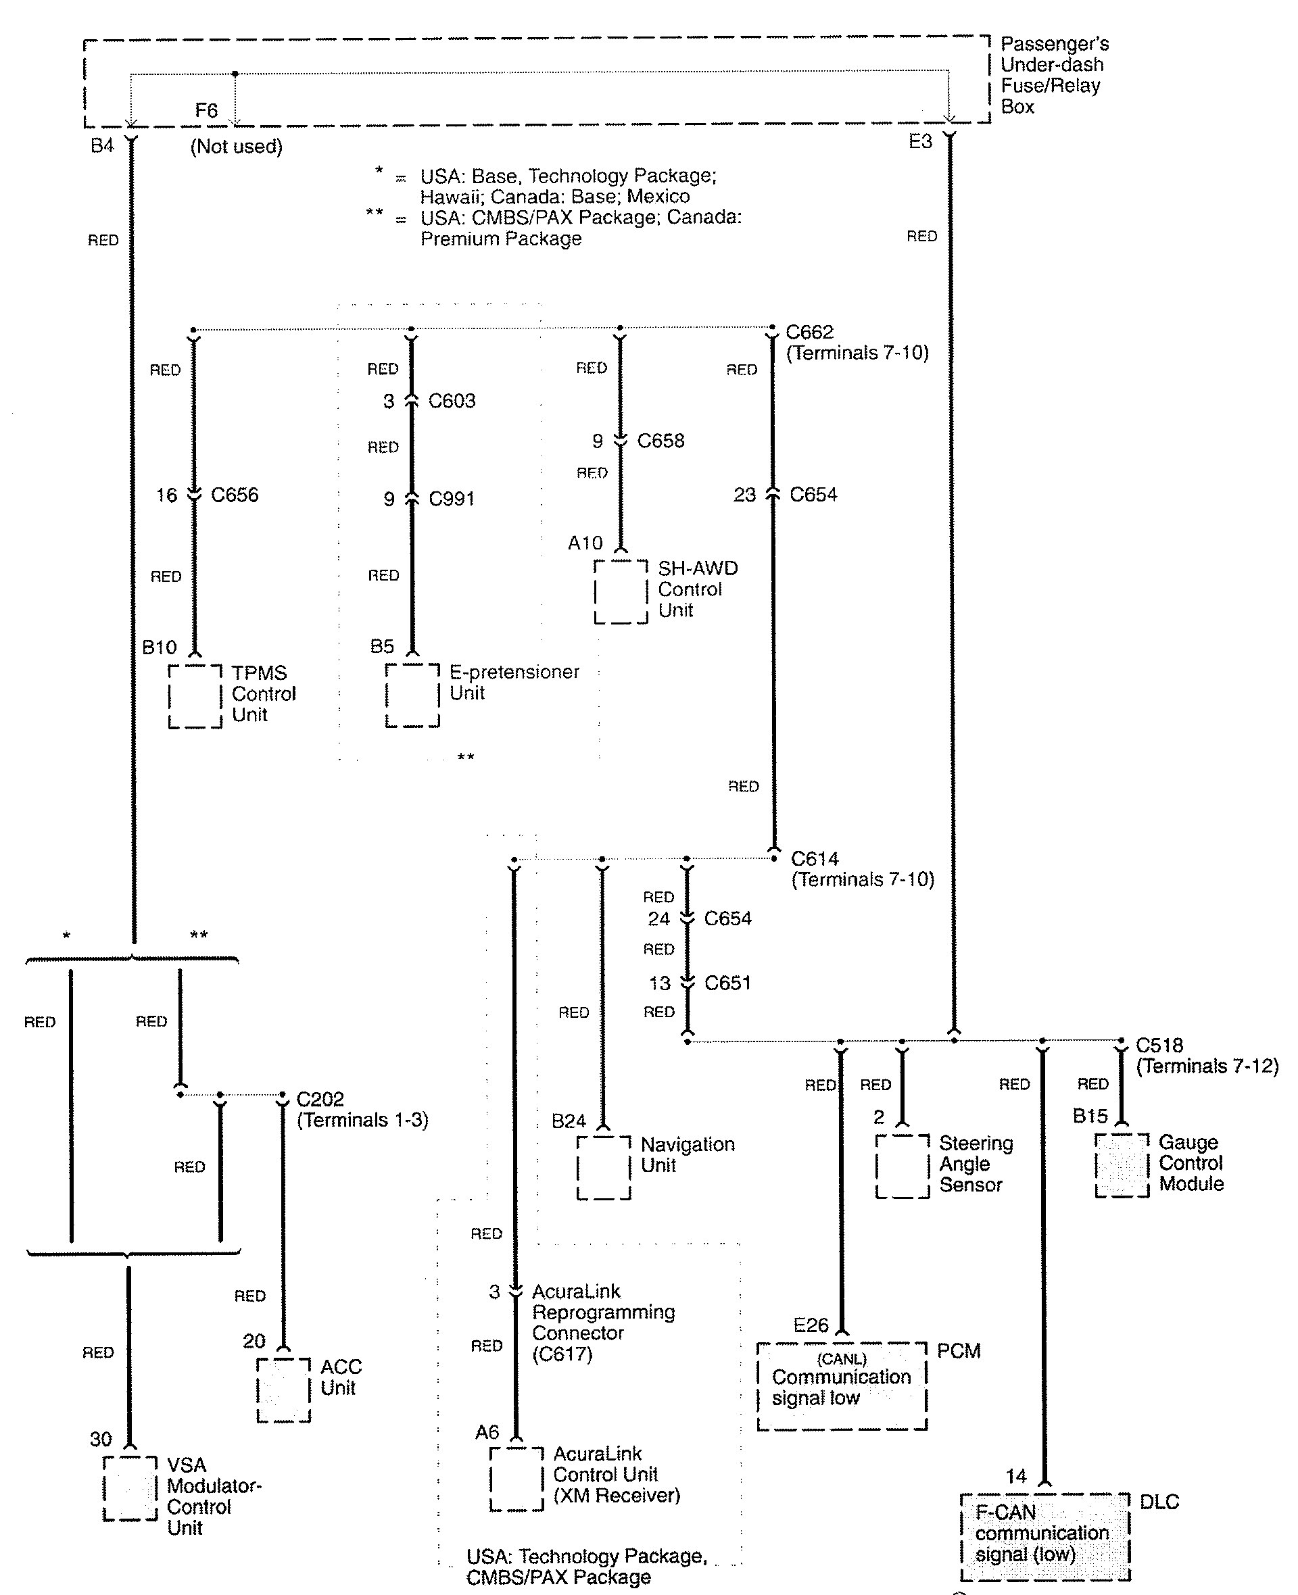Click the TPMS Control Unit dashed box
click(x=195, y=696)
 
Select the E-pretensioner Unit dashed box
click(x=412, y=695)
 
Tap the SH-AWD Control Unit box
click(x=621, y=591)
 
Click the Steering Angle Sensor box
click(x=902, y=1166)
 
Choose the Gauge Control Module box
click(x=1122, y=1165)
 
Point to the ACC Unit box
click(x=283, y=1390)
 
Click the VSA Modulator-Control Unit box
click(x=130, y=1488)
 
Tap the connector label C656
click(x=235, y=495)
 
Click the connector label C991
click(x=452, y=499)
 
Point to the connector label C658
click(x=660, y=441)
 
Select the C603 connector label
click(x=452, y=401)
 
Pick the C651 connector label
click(x=727, y=983)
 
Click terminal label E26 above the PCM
click(x=811, y=1325)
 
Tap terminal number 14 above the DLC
click(x=1015, y=1476)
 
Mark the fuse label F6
click(x=206, y=111)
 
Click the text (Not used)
click(x=236, y=147)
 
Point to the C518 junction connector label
click(x=1159, y=1045)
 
